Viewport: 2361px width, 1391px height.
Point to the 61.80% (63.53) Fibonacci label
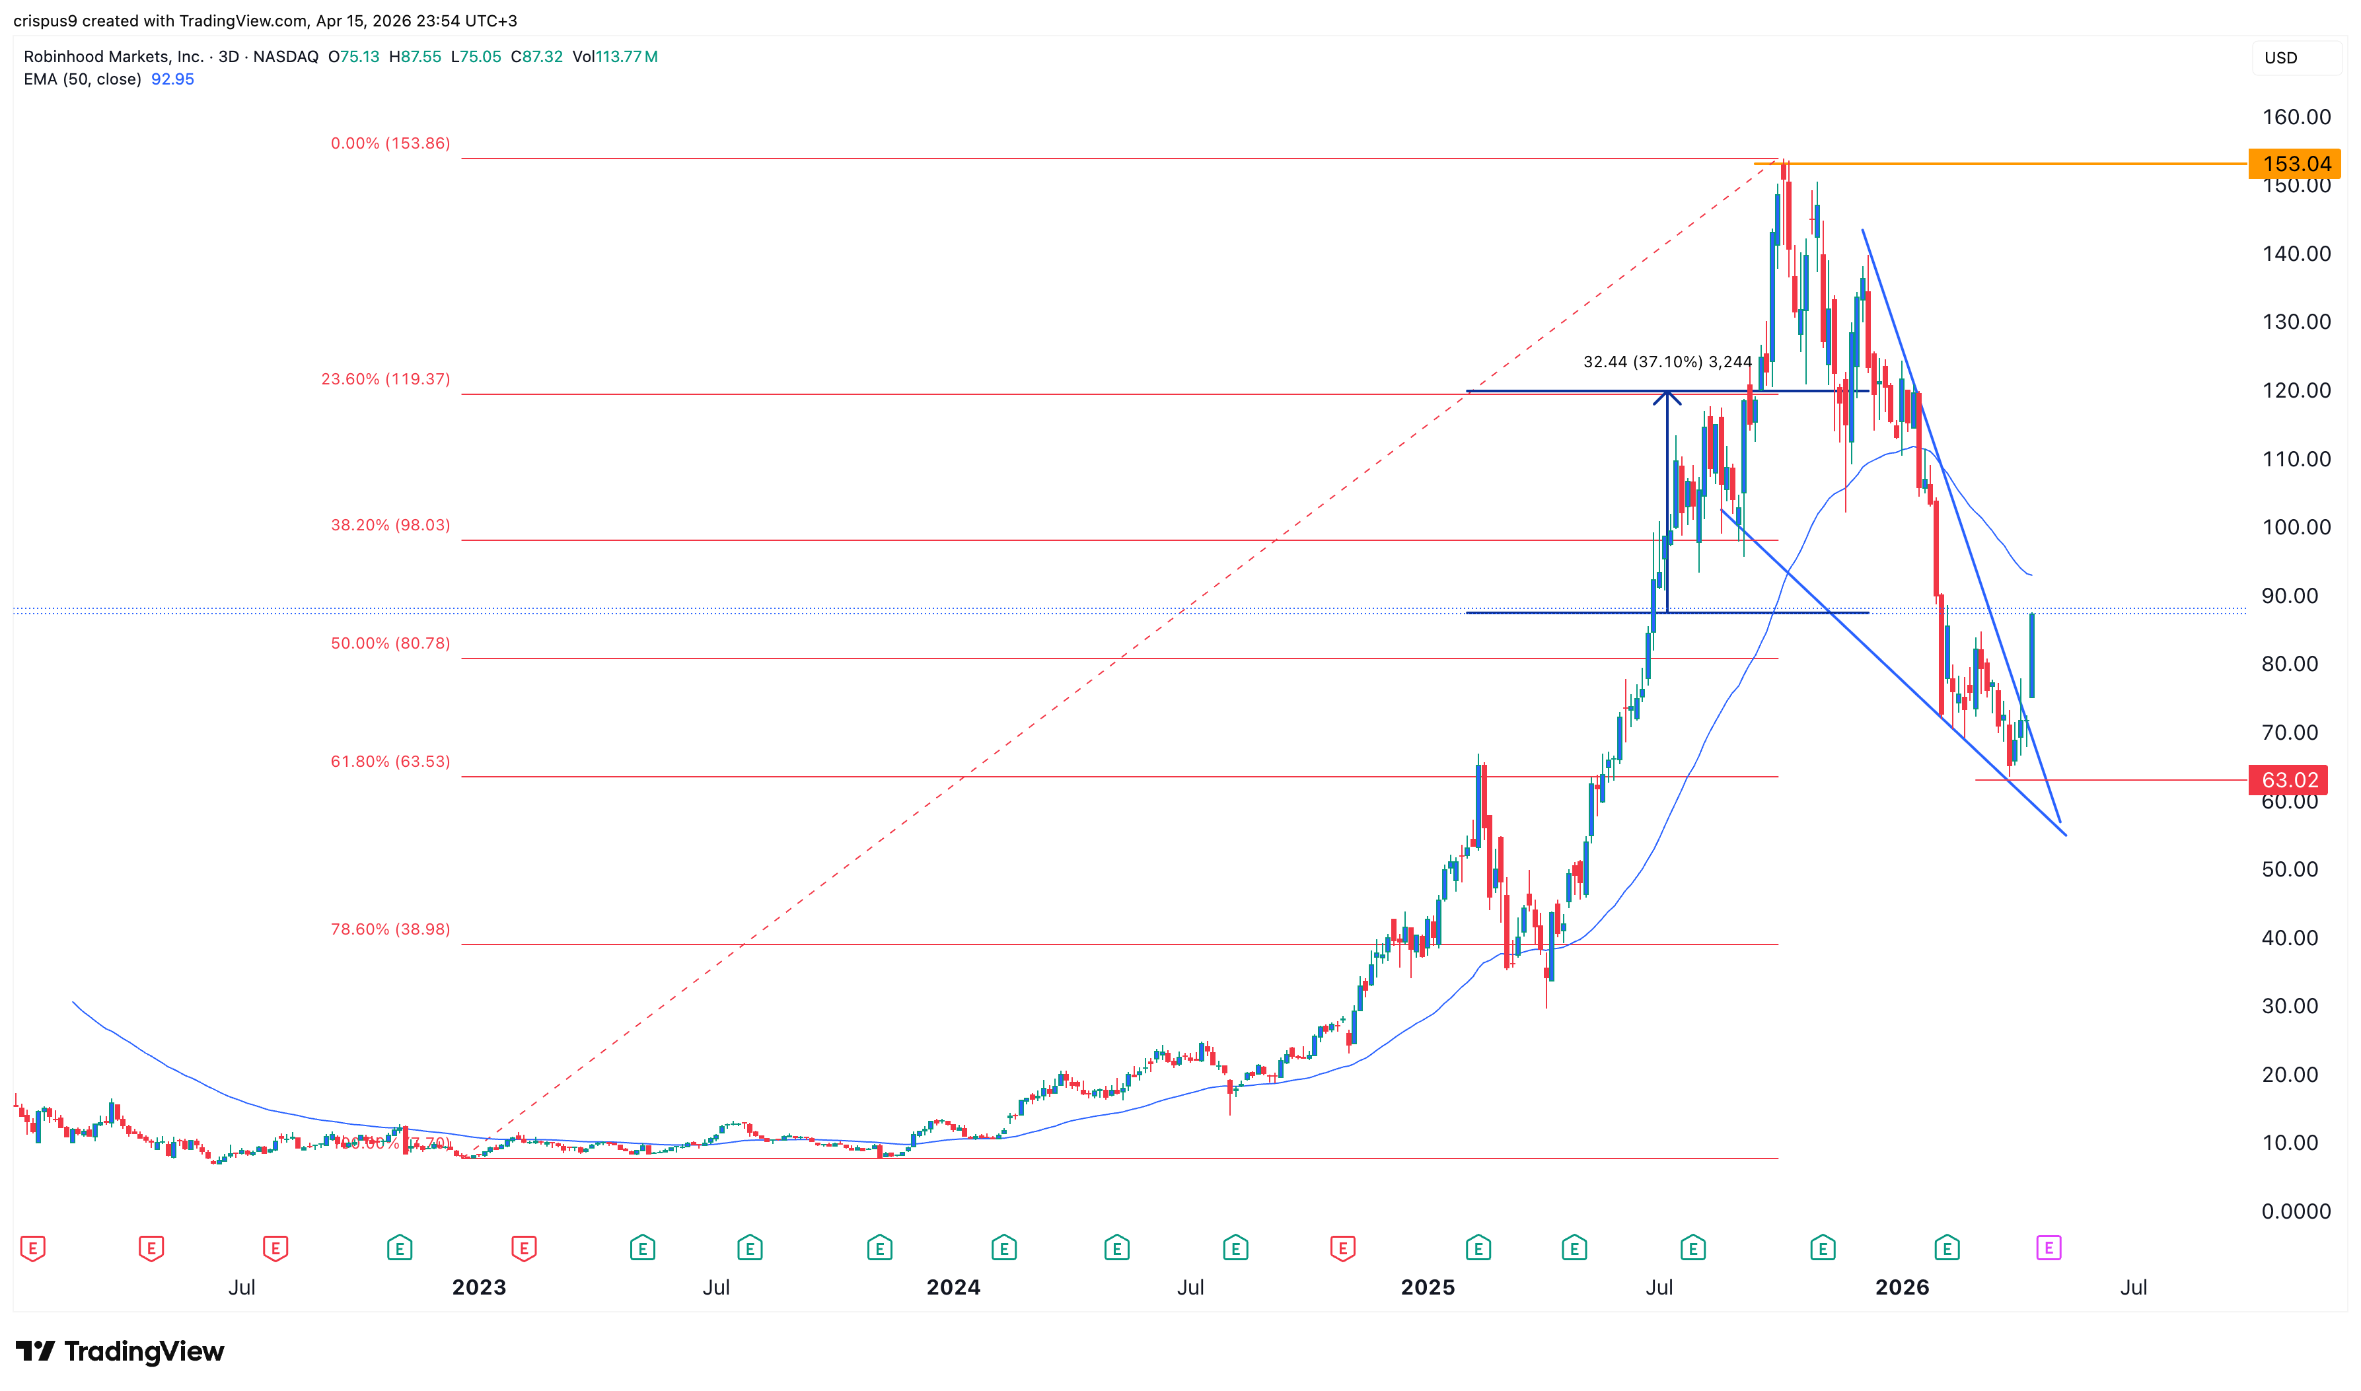pos(390,761)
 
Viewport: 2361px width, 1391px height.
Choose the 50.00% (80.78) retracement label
pos(390,643)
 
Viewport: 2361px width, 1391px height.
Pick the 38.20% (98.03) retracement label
pos(390,525)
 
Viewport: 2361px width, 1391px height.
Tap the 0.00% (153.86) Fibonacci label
pos(390,143)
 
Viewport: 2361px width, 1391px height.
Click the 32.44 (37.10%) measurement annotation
pos(1667,362)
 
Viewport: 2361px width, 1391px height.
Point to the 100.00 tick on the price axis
pos(2296,527)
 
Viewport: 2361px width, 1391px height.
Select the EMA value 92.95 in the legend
pos(172,79)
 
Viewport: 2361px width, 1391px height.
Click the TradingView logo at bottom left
pos(120,1351)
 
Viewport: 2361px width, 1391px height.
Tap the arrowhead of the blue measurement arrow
pos(1667,396)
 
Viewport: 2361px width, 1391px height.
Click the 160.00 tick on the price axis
pos(2296,117)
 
